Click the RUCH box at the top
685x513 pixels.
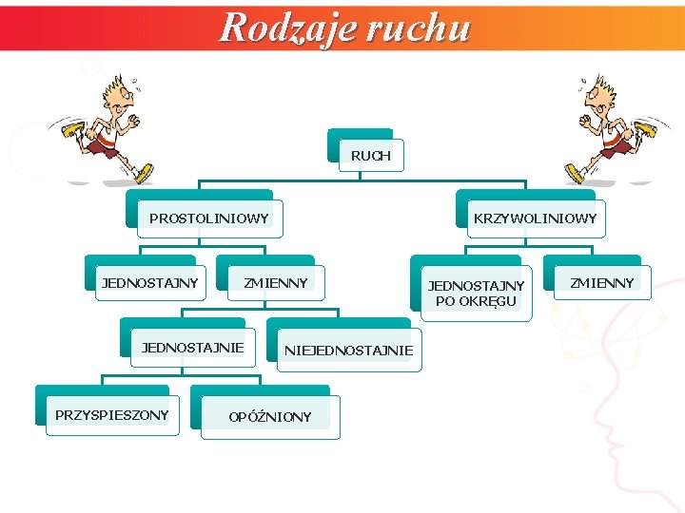coord(370,155)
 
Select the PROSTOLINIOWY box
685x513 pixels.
coord(209,218)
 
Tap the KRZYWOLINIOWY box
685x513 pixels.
coord(535,218)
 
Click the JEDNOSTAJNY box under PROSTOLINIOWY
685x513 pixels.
coord(150,282)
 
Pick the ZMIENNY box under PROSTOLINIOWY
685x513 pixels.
coord(276,282)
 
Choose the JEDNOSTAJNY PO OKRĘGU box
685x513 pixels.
coord(476,293)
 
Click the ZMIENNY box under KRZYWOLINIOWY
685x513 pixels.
coord(601,282)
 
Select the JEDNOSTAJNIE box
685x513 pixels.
coord(193,347)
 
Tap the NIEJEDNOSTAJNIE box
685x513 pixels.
coord(349,351)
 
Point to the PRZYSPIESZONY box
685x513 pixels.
coord(112,414)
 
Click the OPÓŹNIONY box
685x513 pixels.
coord(270,417)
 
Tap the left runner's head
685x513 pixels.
coord(116,92)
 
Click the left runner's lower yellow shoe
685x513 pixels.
coord(144,174)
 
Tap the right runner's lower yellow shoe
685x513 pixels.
coord(576,174)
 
